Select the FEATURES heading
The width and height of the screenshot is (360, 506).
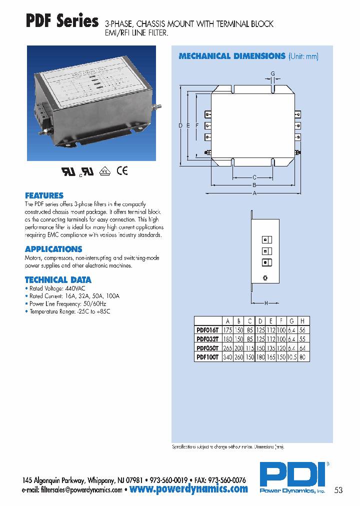click(x=44, y=195)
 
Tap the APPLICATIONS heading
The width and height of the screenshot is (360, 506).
click(x=53, y=249)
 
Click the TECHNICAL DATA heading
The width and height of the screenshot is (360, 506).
click(x=58, y=280)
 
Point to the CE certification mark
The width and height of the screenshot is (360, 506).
click(x=122, y=170)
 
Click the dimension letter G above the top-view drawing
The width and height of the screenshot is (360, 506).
click(x=272, y=74)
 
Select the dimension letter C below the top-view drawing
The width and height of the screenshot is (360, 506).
click(x=254, y=177)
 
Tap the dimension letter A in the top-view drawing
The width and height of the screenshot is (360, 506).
click(x=254, y=193)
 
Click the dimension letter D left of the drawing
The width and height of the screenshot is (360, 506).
click(x=180, y=125)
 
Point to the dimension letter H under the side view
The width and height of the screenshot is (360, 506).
click(x=265, y=303)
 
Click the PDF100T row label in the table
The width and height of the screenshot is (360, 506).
click(x=207, y=357)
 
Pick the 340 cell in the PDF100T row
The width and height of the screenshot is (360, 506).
click(x=228, y=357)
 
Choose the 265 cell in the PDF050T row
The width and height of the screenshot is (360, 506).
click(x=228, y=348)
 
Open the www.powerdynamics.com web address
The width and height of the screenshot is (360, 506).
click(x=188, y=489)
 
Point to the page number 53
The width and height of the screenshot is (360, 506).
click(x=338, y=490)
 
